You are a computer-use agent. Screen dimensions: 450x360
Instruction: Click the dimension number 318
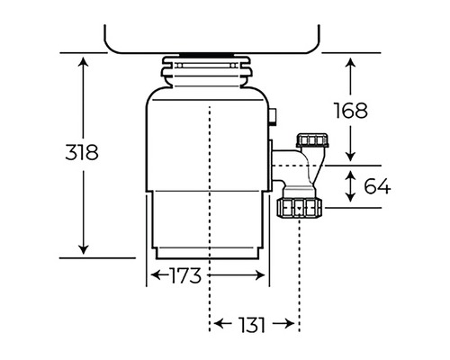point(82,152)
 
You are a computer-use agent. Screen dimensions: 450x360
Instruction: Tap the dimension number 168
point(351,111)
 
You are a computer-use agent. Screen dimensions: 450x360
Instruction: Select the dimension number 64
point(377,186)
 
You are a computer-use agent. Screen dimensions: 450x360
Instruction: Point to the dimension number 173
point(185,275)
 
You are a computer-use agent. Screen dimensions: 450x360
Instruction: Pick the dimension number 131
point(252,325)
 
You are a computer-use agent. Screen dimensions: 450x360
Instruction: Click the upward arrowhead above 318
point(83,62)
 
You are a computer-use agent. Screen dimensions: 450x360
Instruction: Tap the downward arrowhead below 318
point(83,249)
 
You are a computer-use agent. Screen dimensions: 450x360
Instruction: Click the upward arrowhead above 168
point(350,63)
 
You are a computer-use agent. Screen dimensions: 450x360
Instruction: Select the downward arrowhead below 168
point(350,157)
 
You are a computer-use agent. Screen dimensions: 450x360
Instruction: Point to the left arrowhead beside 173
point(156,274)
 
